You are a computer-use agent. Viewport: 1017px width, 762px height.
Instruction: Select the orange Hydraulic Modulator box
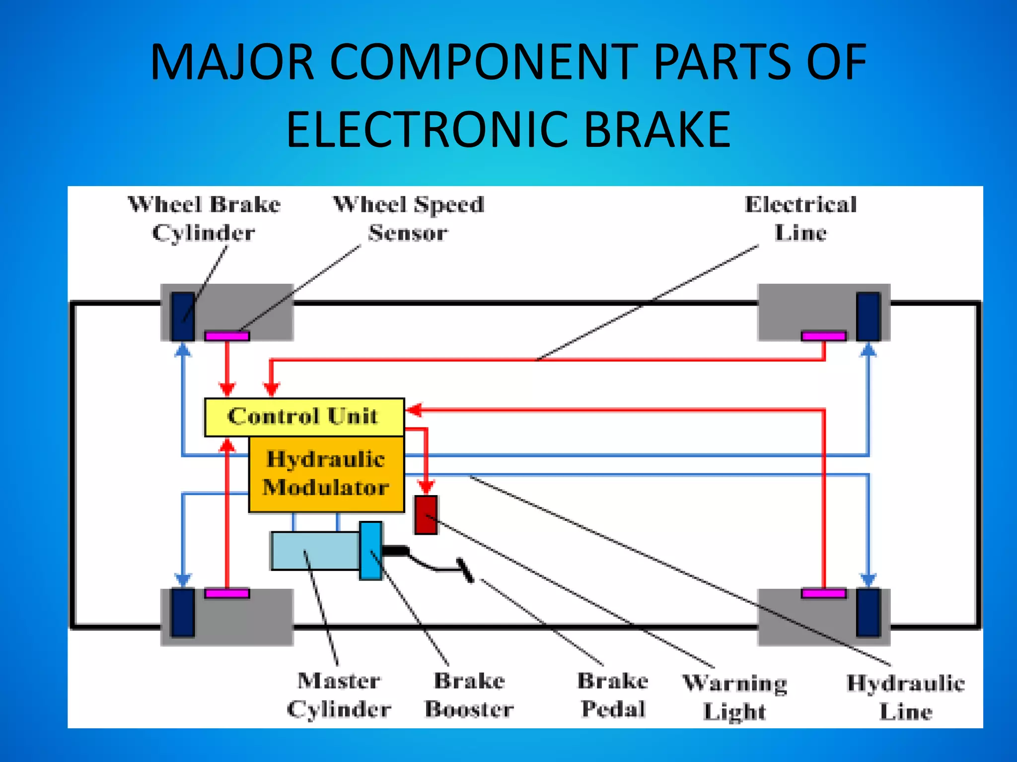pos(326,474)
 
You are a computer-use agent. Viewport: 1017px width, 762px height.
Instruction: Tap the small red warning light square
pos(426,515)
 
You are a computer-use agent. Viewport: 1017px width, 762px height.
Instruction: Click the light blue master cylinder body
pos(315,551)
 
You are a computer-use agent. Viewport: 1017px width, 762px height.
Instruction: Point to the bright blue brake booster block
pos(370,551)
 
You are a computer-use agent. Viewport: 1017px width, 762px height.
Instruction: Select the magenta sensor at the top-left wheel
pos(227,336)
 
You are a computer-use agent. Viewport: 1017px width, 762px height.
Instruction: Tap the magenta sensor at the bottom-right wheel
pos(823,593)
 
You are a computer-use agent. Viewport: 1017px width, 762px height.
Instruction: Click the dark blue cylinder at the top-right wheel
pos(868,316)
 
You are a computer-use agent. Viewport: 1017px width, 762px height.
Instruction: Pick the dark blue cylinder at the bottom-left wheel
pos(182,612)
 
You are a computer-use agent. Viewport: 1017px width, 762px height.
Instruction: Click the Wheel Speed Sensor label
pos(408,218)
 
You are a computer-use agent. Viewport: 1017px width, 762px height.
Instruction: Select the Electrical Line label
pos(800,218)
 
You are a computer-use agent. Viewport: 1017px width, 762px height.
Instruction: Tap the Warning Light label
pos(734,697)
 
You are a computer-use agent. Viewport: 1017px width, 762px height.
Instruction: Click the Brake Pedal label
pos(613,695)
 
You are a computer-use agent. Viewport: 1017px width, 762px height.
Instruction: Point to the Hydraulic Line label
pos(906,697)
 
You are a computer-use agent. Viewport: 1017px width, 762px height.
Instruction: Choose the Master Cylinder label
pos(339,695)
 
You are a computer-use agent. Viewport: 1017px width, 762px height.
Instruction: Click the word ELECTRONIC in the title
pos(427,130)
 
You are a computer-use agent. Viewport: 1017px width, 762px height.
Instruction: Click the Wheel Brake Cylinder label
pos(204,218)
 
